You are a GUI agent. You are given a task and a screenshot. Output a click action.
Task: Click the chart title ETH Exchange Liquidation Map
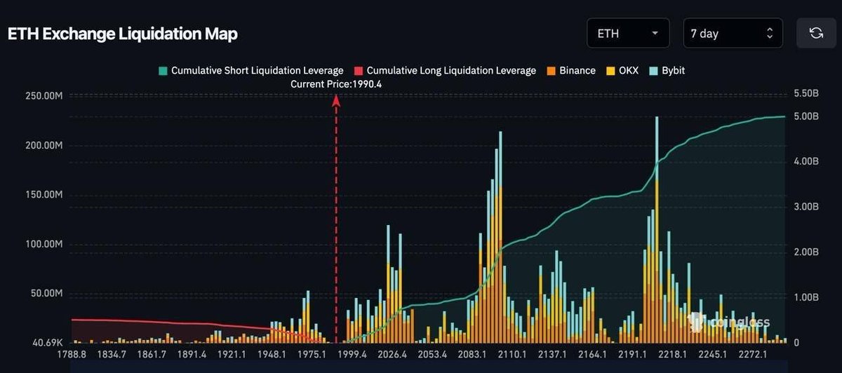point(123,34)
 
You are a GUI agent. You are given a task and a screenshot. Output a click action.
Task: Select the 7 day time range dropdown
point(733,33)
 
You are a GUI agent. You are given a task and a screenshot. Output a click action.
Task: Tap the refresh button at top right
point(816,33)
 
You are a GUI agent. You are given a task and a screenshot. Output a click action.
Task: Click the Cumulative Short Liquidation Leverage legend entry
point(251,70)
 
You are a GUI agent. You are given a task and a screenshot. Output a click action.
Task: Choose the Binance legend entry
point(571,70)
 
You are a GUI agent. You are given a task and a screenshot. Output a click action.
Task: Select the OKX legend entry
point(622,70)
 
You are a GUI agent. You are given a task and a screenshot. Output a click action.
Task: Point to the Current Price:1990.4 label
point(336,83)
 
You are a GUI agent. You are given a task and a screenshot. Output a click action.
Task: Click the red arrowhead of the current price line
point(336,100)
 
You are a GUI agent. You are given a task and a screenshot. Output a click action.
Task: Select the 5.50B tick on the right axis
point(806,93)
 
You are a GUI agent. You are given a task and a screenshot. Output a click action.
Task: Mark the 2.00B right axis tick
point(806,252)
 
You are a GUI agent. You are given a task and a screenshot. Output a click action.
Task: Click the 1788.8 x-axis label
point(73,355)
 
